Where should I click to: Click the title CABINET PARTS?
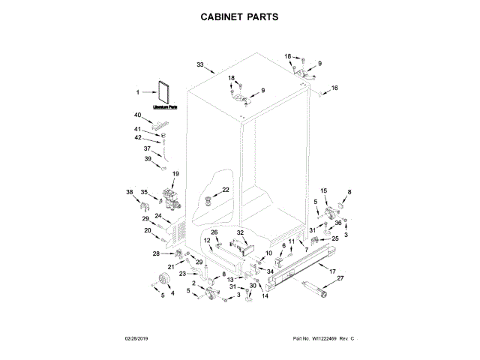[x=240, y=16]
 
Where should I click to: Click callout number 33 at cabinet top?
[x=200, y=64]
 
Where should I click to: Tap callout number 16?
[x=334, y=88]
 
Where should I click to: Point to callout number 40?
[x=137, y=115]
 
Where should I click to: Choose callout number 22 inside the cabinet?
[x=226, y=190]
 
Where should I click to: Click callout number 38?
[x=130, y=192]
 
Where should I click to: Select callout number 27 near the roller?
[x=340, y=278]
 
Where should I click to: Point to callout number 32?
[x=241, y=233]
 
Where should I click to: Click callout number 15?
[x=324, y=191]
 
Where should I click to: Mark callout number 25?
[x=335, y=238]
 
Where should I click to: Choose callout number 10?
[x=268, y=254]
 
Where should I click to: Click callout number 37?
[x=147, y=148]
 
